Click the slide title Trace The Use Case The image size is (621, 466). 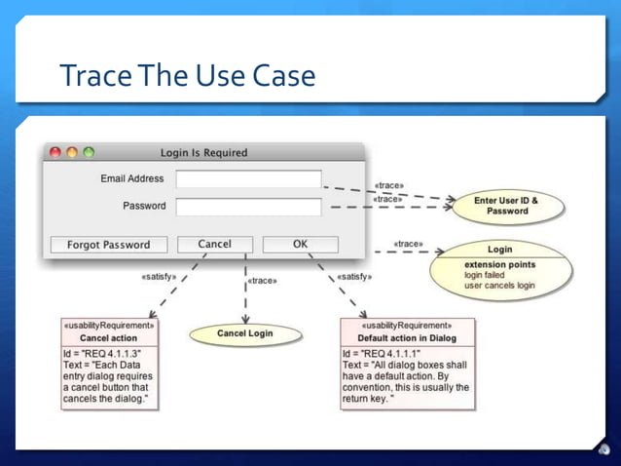188,75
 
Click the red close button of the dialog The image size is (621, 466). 55,152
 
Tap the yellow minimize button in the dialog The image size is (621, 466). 72,152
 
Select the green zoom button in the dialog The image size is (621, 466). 89,152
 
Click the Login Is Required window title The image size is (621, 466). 203,153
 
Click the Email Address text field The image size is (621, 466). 248,179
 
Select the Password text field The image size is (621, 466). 248,207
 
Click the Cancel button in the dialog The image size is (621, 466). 214,245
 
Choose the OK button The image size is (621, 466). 300,245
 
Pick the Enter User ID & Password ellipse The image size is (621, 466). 506,206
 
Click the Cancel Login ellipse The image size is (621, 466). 244,334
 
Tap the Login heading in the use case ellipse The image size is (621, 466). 499,250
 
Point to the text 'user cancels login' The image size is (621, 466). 498,286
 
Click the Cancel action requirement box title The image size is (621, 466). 108,337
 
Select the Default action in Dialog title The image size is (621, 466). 407,338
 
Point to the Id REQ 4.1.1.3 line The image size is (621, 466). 102,353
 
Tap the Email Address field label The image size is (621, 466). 132,179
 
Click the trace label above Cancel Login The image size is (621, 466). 262,281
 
